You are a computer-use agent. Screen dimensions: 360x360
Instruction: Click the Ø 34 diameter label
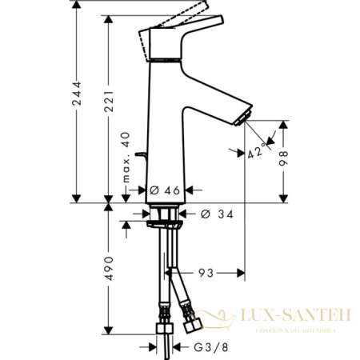(213, 214)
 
